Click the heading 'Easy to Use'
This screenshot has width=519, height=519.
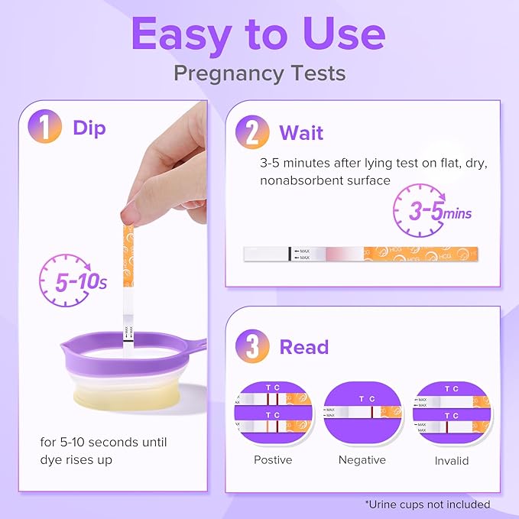click(x=259, y=34)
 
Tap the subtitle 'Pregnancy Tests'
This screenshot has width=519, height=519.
click(x=259, y=73)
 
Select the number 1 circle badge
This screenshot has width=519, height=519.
click(x=45, y=128)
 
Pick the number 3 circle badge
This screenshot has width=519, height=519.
click(x=253, y=346)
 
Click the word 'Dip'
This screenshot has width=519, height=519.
click(x=89, y=128)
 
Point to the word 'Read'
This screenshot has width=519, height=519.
click(x=303, y=347)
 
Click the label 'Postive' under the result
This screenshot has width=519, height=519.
click(x=274, y=460)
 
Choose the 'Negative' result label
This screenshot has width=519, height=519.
click(x=362, y=460)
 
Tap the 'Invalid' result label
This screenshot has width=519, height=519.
click(x=451, y=461)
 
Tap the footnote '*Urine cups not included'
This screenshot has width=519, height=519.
click(x=428, y=504)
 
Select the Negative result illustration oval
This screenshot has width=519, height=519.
click(x=362, y=412)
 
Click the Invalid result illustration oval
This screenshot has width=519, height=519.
click(x=451, y=412)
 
